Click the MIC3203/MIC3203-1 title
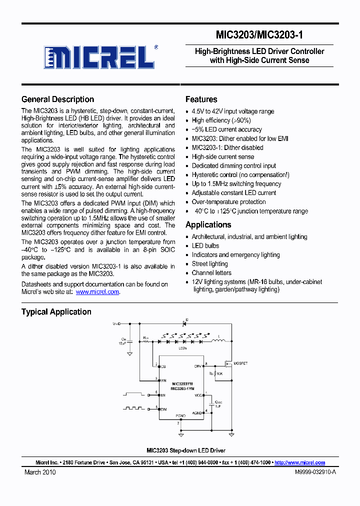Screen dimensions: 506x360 [259, 35]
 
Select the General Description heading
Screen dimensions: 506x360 [57, 99]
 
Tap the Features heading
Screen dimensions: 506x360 [201, 99]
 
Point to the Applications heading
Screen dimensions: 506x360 [208, 224]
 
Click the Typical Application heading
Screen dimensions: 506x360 [56, 311]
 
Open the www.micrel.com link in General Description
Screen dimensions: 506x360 [97, 291]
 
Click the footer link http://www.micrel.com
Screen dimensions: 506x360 [299, 462]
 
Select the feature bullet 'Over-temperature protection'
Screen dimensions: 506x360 [228, 201]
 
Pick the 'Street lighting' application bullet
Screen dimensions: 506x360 [209, 263]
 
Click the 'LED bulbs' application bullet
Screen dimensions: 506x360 [205, 245]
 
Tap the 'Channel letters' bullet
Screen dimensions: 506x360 [211, 272]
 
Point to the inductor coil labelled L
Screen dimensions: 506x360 [218, 341]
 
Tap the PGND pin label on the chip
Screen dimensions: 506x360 [180, 415]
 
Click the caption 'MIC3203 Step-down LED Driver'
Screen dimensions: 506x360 [185, 450]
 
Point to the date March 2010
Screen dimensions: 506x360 [40, 472]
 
